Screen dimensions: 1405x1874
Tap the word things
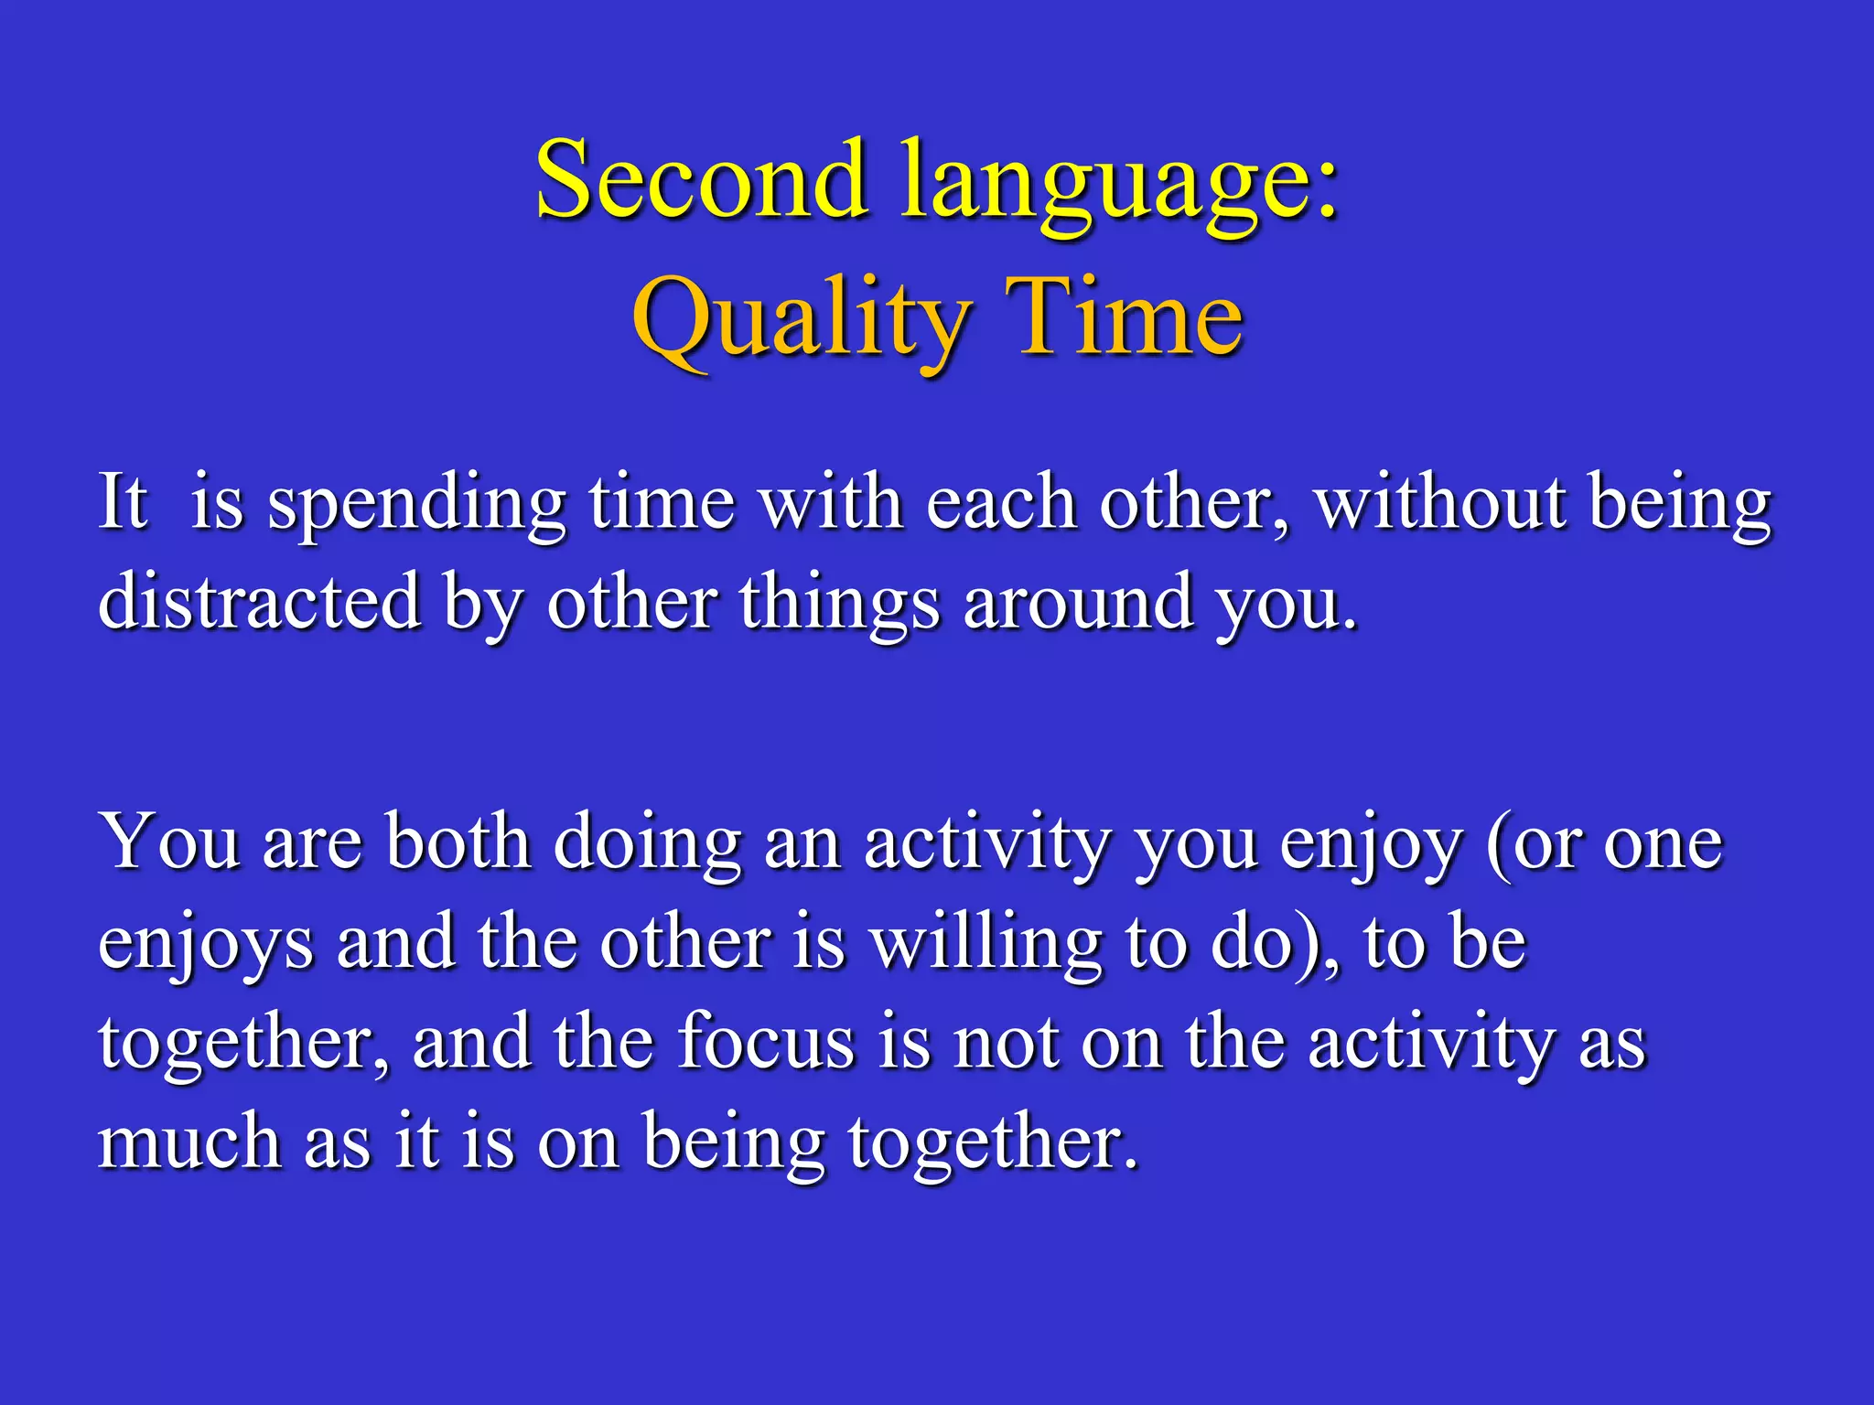[839, 605]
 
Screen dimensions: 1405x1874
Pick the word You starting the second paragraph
[170, 841]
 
